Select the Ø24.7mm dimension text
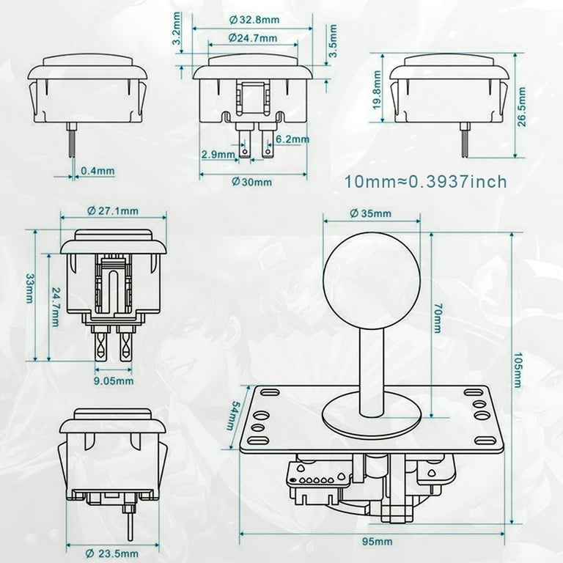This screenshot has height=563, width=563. click(x=252, y=37)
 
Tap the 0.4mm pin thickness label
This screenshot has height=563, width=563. click(x=97, y=172)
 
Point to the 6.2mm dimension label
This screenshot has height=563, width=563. click(x=292, y=139)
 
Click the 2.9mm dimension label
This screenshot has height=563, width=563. click(x=218, y=155)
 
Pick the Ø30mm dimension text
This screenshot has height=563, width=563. click(x=252, y=182)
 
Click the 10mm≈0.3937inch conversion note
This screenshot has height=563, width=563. click(x=426, y=182)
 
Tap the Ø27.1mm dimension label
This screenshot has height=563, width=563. click(x=112, y=211)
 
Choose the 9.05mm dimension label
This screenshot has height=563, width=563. click(x=114, y=380)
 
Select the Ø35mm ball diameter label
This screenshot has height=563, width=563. click(x=370, y=213)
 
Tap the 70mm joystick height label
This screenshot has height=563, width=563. click(x=438, y=320)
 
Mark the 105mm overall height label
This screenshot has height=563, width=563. click(x=517, y=370)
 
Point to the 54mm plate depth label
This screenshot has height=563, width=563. click(x=232, y=416)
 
